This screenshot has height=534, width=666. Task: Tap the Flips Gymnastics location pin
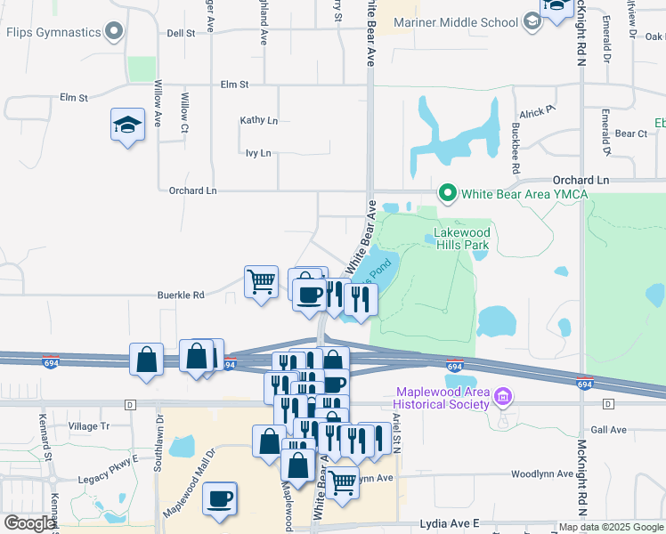click(113, 34)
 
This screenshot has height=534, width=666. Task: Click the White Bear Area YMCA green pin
click(447, 191)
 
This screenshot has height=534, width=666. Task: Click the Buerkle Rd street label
click(181, 295)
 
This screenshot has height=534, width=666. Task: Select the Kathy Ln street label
click(259, 120)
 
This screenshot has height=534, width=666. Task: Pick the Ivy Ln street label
click(258, 153)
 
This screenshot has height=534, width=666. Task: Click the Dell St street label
click(181, 33)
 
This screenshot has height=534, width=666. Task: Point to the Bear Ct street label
click(630, 133)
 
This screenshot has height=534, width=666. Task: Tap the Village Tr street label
click(89, 426)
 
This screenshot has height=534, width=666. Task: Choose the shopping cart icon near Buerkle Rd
click(261, 281)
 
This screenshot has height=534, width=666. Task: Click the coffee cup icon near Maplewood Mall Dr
click(220, 498)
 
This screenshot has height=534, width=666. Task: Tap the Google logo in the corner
click(29, 523)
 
